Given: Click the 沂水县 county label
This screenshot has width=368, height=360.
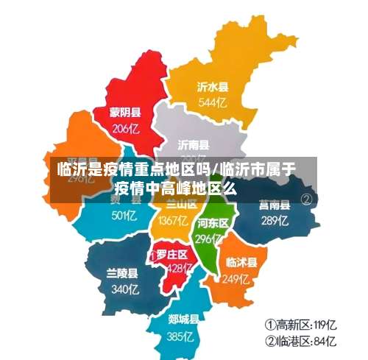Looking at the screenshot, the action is (212, 86).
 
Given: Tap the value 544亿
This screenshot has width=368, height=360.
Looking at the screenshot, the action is (212, 102).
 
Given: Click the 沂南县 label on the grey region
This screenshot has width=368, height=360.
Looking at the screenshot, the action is (194, 144).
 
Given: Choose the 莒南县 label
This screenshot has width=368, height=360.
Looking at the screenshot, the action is (274, 205).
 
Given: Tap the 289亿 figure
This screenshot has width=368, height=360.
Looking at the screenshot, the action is (274, 220).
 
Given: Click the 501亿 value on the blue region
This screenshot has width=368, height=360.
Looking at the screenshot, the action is (124, 216).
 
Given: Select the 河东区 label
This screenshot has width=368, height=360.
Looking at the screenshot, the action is (213, 222).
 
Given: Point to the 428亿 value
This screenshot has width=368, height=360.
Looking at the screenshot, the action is (177, 268).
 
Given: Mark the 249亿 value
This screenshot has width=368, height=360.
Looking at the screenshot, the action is (238, 279).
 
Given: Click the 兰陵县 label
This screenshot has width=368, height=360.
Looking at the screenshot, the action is (122, 273).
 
